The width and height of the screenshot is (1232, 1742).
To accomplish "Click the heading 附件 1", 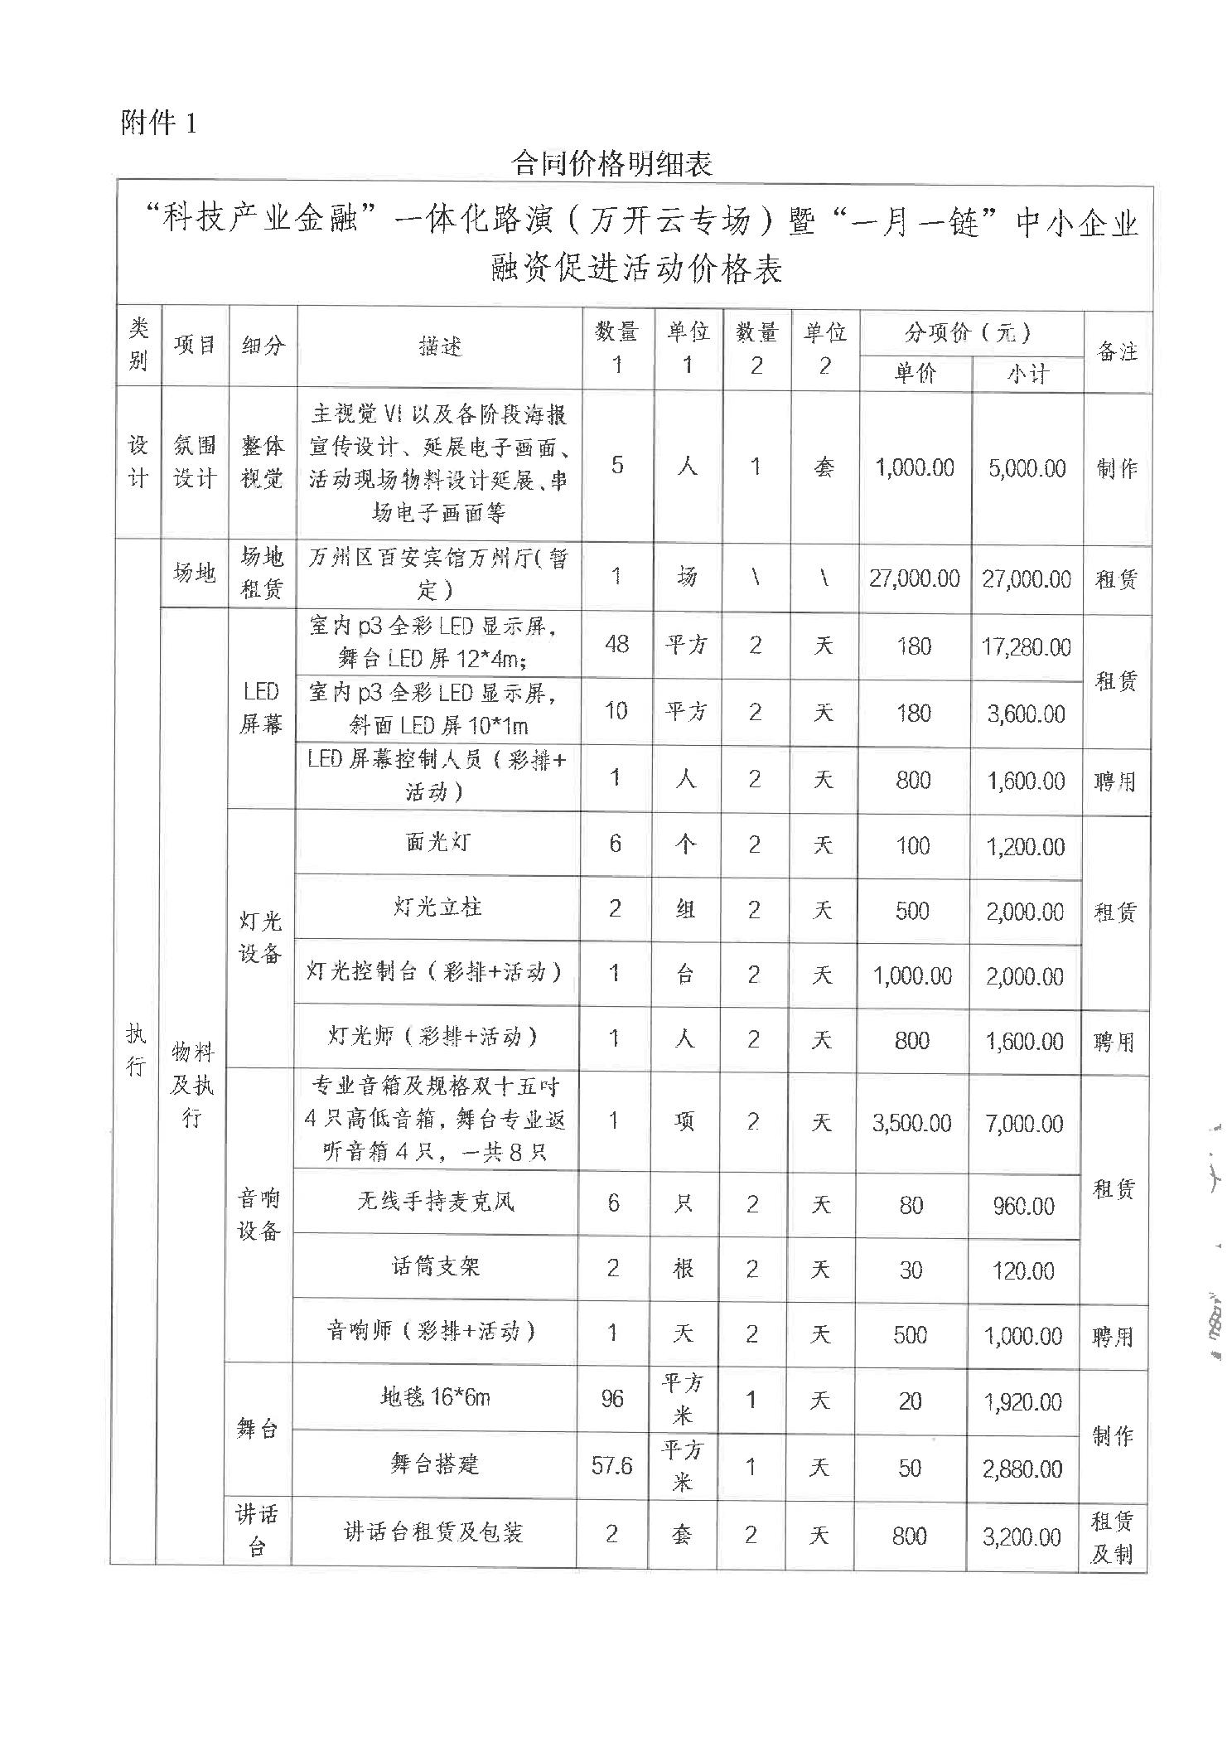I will [158, 123].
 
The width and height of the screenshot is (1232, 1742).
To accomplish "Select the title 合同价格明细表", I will [612, 163].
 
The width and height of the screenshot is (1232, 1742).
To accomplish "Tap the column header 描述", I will [439, 346].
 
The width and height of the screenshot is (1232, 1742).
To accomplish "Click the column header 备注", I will [1116, 351].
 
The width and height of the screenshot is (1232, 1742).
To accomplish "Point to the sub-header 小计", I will [1027, 374].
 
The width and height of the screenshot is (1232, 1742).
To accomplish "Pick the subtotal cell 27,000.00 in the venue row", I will [1027, 578].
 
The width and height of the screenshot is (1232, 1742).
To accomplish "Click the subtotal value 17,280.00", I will [1026, 646].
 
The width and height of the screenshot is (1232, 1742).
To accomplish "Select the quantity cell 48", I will [616, 644].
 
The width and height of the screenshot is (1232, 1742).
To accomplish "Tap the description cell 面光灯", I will [437, 843].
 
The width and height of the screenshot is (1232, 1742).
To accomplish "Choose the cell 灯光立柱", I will [437, 907].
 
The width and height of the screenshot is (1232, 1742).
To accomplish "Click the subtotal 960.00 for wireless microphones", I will [1024, 1206].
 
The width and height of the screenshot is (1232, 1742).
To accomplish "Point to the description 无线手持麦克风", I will [435, 1202].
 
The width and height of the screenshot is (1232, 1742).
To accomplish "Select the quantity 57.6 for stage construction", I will [611, 1466].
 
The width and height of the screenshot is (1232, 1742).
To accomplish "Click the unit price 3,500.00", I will [911, 1123].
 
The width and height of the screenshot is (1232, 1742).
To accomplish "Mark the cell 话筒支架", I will [435, 1266].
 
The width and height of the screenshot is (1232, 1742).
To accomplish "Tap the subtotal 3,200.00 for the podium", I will [1022, 1537].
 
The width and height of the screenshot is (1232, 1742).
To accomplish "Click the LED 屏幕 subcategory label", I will [261, 708].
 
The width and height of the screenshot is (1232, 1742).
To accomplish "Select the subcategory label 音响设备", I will [258, 1214].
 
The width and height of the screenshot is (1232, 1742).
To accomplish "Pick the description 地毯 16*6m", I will [435, 1398].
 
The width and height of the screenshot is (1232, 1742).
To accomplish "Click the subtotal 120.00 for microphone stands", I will [1023, 1270].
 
